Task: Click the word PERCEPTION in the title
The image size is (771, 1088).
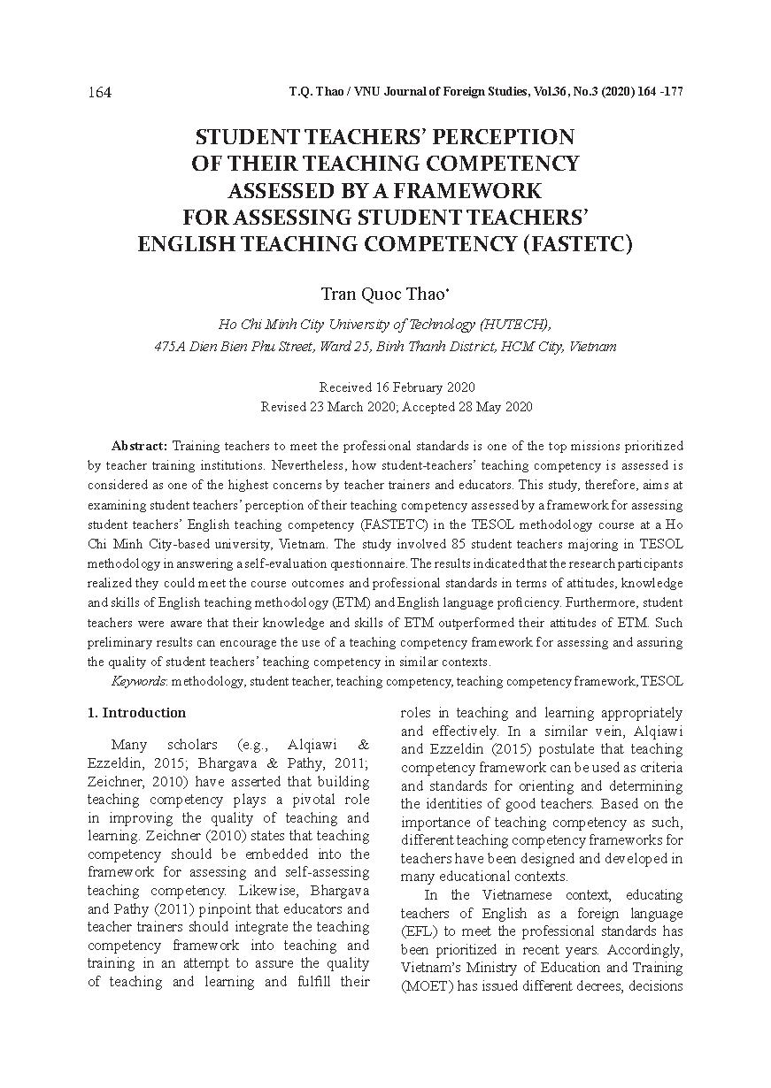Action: click(x=503, y=137)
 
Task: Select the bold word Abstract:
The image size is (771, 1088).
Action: click(x=140, y=445)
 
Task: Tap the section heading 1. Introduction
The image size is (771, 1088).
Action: click(x=137, y=713)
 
